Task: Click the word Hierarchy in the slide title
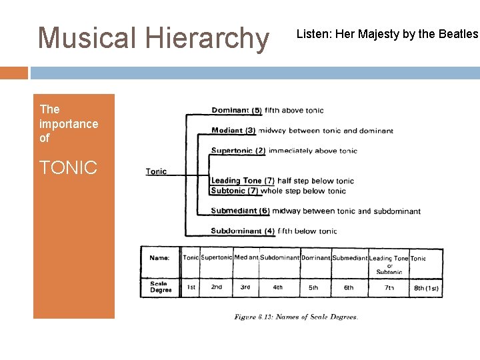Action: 207,39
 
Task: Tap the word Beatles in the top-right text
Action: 456,33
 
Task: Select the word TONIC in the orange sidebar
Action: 68,167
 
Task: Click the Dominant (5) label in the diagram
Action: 237,111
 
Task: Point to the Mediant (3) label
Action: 233,131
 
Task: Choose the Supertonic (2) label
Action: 238,151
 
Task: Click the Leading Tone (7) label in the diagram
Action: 243,181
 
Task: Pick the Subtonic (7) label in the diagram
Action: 234,191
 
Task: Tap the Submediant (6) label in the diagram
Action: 240,211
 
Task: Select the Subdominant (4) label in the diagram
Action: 243,231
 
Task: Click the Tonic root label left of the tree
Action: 157,171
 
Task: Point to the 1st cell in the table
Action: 191,287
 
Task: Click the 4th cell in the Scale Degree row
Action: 278,287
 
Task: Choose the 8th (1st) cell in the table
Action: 426,288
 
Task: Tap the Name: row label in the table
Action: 159,258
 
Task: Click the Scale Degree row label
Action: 161,287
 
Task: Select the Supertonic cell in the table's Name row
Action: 217,258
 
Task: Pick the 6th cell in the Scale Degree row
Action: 349,287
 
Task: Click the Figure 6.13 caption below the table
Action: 296,317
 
